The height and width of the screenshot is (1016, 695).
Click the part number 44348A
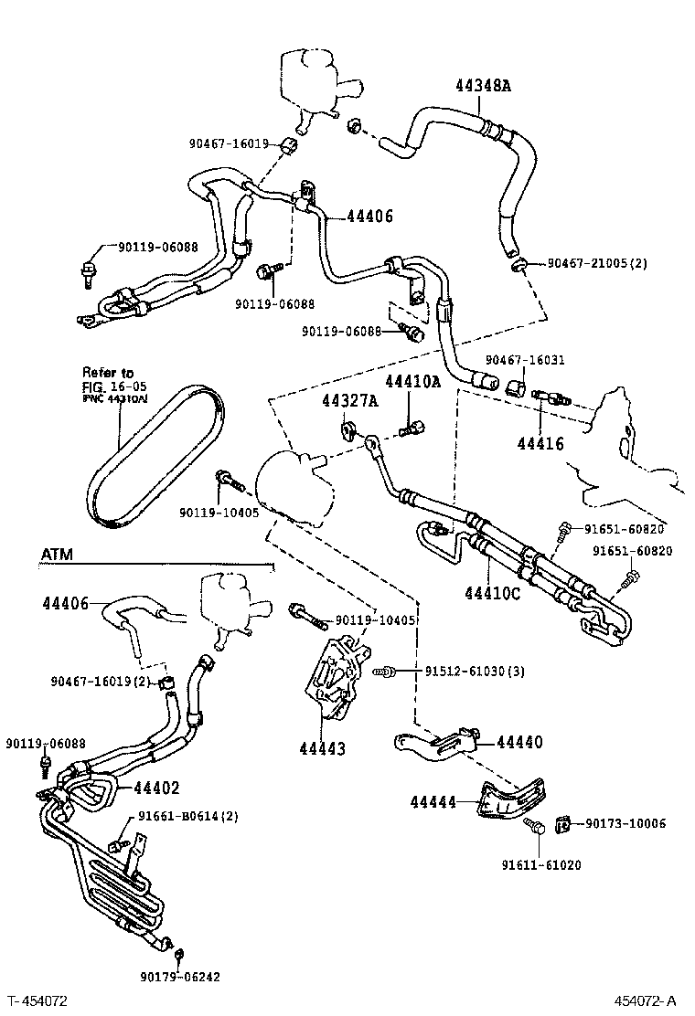click(484, 87)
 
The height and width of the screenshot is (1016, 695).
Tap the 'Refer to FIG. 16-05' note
click(108, 385)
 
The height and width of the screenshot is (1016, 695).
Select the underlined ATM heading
click(57, 555)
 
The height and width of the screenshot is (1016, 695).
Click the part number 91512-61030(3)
click(475, 672)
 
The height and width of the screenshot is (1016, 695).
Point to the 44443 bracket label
click(322, 749)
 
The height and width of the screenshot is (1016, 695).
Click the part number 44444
click(433, 801)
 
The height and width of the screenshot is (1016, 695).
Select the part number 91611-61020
click(541, 864)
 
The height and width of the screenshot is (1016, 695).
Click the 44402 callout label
click(156, 788)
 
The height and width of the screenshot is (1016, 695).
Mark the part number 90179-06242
click(179, 976)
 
